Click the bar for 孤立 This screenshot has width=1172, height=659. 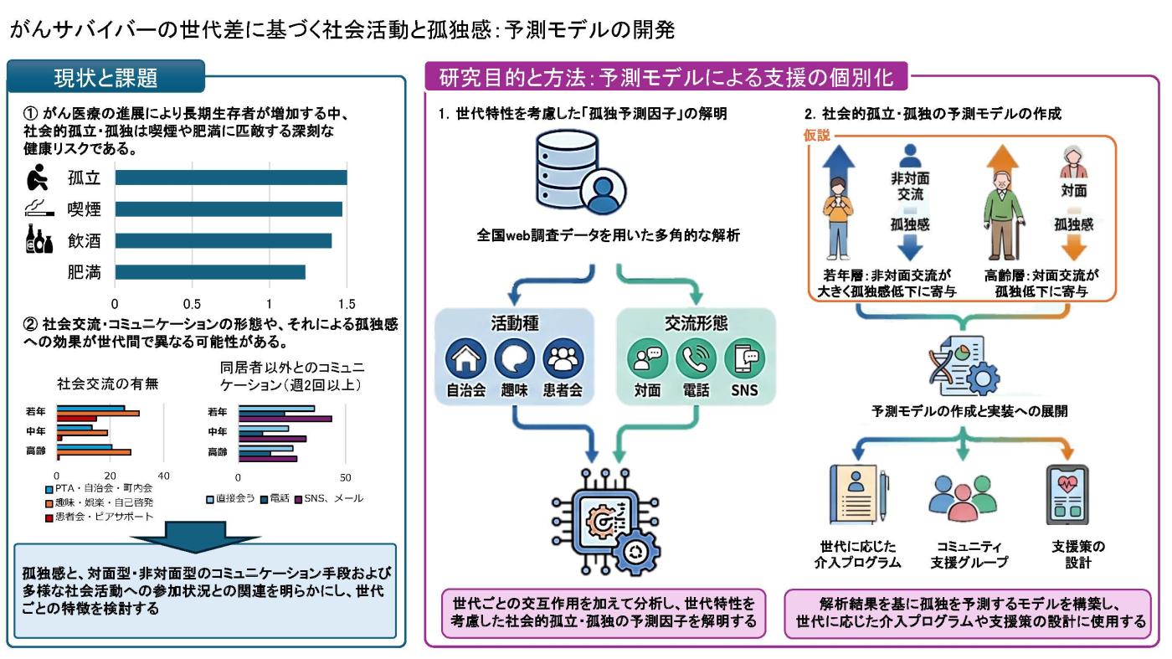[231, 178]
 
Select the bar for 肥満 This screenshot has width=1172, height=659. [210, 272]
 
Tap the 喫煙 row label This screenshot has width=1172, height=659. [84, 209]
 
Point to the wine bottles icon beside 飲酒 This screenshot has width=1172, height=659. [39, 239]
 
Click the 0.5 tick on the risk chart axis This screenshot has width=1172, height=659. [192, 304]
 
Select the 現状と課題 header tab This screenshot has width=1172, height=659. [105, 77]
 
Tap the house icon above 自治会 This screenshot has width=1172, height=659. [465, 358]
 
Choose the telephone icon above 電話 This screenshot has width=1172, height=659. [696, 358]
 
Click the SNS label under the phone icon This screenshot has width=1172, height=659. [744, 390]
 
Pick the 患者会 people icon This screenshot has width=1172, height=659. [563, 358]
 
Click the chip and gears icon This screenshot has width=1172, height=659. [606, 522]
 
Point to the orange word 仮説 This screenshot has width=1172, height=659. [817, 135]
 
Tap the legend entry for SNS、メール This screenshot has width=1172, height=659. [329, 499]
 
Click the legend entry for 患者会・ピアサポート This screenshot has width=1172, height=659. [100, 517]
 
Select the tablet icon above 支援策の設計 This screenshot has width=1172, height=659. [1067, 495]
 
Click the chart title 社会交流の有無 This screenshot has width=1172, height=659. [108, 384]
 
